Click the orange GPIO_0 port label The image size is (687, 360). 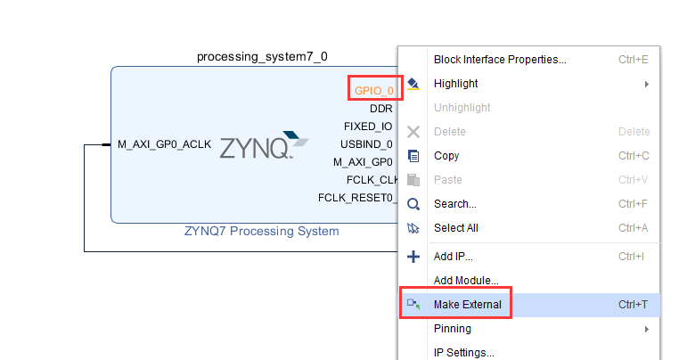click(373, 91)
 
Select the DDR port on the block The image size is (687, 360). click(381, 109)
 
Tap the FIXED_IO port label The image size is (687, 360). click(368, 127)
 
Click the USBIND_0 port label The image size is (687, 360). click(366, 144)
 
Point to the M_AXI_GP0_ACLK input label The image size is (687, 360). click(164, 144)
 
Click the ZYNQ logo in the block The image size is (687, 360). click(264, 145)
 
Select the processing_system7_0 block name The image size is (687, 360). click(262, 57)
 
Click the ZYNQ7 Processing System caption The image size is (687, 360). click(262, 231)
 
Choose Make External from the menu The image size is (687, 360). click(468, 305)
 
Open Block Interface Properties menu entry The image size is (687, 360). click(500, 60)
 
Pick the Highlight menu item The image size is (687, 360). click(455, 84)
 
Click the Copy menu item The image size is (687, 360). click(446, 156)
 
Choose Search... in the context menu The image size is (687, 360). click(454, 204)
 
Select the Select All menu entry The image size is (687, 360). click(455, 228)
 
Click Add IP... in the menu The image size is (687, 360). click(453, 257)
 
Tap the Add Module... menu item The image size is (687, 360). click(466, 281)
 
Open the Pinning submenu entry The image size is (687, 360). click(452, 329)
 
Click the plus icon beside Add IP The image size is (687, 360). click(413, 257)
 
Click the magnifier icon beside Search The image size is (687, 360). click(413, 204)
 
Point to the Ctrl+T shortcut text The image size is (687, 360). click(633, 305)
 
